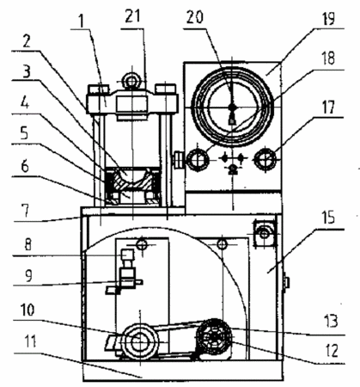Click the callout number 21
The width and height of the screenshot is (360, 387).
point(132,17)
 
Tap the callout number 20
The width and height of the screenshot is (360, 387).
point(195,17)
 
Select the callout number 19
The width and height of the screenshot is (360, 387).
point(327,18)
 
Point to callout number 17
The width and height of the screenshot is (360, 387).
point(328,107)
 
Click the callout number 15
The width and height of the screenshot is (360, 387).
point(328,218)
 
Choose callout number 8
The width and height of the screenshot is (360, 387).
point(27,244)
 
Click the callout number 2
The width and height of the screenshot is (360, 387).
point(27,42)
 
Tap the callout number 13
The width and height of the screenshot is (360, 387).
point(331,321)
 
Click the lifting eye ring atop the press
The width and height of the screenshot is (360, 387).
point(131,81)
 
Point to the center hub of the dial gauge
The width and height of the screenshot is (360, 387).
point(232,107)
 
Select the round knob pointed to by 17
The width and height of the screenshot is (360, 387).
point(266,159)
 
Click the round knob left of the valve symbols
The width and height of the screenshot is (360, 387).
point(198,159)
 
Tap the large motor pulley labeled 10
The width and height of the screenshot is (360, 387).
point(140,341)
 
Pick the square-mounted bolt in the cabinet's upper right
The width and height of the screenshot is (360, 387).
point(265,234)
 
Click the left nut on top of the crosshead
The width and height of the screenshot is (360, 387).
point(98,89)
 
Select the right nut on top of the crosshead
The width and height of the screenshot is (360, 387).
point(165,89)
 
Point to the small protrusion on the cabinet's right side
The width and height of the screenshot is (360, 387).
point(286,282)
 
